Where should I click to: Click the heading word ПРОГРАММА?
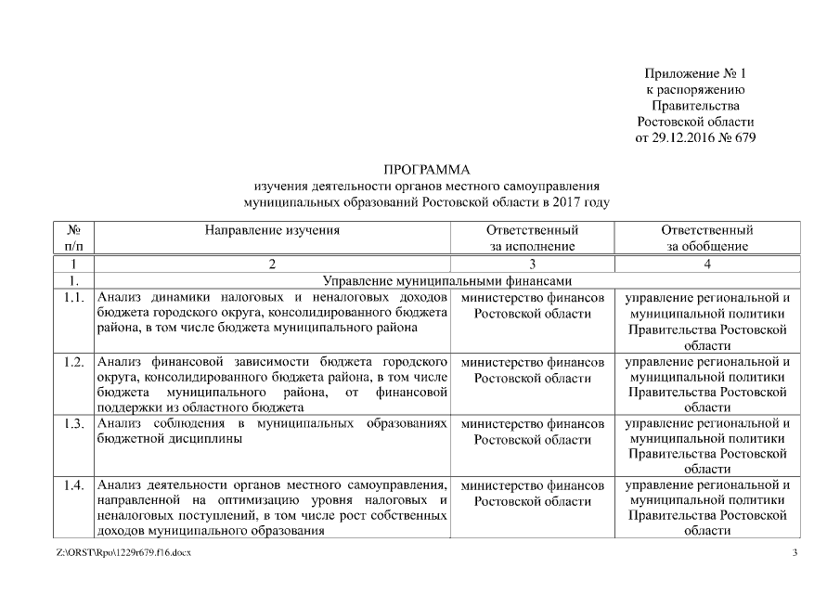point(427,170)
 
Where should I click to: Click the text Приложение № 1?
point(695,73)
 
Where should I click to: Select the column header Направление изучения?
point(272,230)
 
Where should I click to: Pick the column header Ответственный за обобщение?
point(706,238)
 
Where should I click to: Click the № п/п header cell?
point(73,238)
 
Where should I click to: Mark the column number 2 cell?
point(272,265)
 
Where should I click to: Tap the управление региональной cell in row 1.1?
point(706,321)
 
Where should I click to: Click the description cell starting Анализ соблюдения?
point(272,432)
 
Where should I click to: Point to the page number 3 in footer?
point(794,553)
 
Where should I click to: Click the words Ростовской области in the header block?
point(695,122)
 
